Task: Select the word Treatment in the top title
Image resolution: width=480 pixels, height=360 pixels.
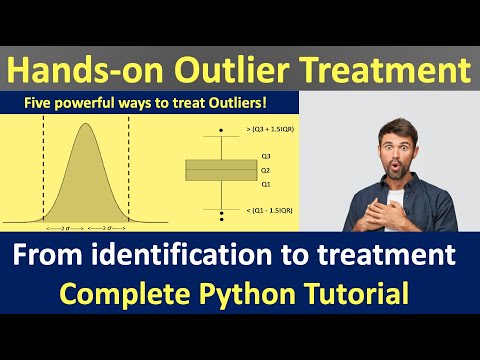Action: [x=397, y=71]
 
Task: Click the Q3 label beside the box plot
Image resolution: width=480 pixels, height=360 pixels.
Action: [x=266, y=157]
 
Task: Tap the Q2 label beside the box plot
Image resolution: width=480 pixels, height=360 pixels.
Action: [x=266, y=171]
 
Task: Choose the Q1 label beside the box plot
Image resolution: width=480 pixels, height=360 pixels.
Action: [x=266, y=184]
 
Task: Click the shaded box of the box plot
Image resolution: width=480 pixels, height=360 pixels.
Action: [x=220, y=170]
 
